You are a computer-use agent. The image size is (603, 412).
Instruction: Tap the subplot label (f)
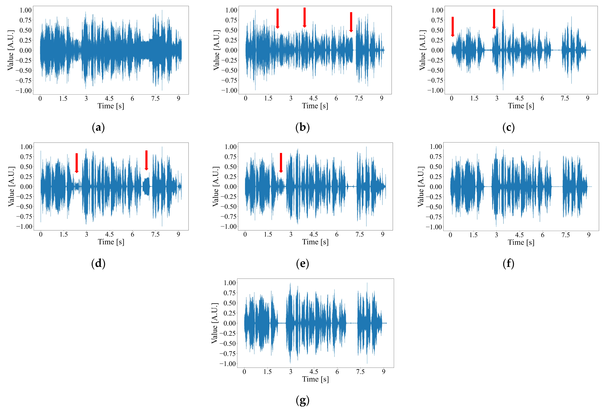[x=508, y=264]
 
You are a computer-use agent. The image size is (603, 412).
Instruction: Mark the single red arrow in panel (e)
[x=281, y=163]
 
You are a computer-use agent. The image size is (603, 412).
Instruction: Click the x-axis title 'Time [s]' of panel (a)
[x=111, y=106]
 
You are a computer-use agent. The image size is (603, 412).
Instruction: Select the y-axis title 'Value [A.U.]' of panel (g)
[x=214, y=323]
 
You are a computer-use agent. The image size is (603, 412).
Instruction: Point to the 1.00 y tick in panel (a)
[x=26, y=10]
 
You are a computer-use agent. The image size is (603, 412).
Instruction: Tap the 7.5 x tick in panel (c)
[x=565, y=98]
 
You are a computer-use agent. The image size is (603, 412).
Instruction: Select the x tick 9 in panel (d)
[x=178, y=234]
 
